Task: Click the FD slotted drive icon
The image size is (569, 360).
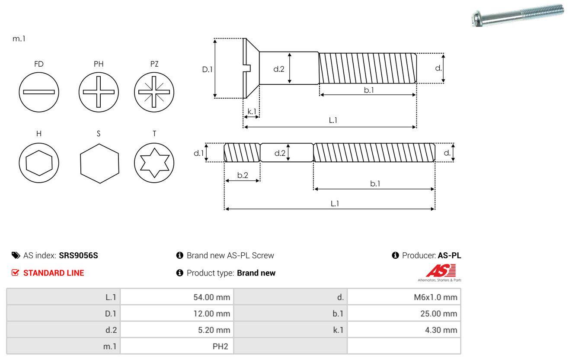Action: pos(39,92)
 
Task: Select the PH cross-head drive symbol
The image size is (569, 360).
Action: pos(99,92)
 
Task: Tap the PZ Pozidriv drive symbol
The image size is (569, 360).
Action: pos(154,92)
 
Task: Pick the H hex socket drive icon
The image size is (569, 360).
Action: pos(39,163)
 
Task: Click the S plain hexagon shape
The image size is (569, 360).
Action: pos(99,163)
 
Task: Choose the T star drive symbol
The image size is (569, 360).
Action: pos(154,163)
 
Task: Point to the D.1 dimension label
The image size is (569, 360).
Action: pos(208,69)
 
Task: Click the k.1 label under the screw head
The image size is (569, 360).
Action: pos(251,111)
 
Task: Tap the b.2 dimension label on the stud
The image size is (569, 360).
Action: pos(243,175)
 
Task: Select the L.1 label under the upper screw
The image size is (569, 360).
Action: pos(332,120)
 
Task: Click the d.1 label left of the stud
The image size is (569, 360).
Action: pos(198,153)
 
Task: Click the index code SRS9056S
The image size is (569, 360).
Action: pos(78,255)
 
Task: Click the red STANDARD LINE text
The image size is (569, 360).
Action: pos(53,273)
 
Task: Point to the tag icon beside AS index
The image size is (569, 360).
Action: pos(16,255)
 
